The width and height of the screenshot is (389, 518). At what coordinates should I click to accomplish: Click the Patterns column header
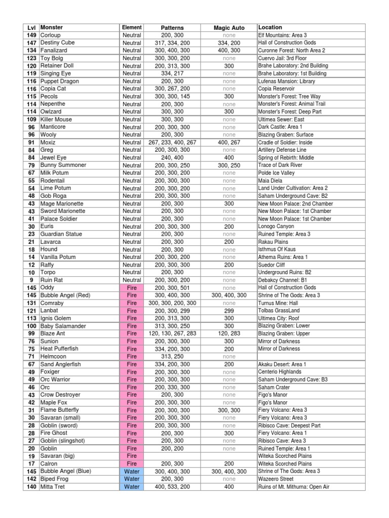pos(172,27)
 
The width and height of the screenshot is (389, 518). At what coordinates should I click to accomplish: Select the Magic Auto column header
pos(229,27)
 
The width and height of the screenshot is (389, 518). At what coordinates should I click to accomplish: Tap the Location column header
pos(270,27)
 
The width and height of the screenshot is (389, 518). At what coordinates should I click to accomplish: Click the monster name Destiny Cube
pos(57,43)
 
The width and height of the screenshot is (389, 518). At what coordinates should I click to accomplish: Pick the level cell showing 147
pos(31,43)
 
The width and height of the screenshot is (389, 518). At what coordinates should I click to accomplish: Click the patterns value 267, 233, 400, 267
pos(172,143)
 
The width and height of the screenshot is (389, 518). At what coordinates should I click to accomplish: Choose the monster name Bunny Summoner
pos(63,165)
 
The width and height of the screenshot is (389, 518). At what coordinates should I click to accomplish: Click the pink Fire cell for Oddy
pos(132,288)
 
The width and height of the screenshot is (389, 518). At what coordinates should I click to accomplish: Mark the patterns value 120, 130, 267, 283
pos(172,334)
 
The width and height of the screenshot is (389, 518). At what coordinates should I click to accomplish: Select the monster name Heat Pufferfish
pos(61,349)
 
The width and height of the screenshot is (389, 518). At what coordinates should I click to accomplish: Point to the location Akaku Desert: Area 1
pos(282,364)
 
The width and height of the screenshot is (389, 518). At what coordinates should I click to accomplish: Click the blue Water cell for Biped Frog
pos(132,479)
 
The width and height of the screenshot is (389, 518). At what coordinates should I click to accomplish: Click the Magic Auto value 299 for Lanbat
pos(229,311)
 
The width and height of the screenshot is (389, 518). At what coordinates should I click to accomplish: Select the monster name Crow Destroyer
pos(60,395)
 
